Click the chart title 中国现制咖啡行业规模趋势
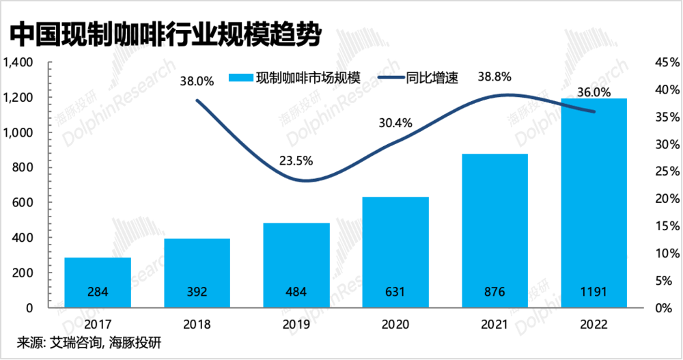tap(165, 35)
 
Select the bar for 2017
tap(98, 282)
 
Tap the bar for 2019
tap(296, 266)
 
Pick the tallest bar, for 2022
tap(594, 203)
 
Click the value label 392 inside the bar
tap(197, 292)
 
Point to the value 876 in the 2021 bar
tap(494, 292)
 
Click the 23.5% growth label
tap(296, 161)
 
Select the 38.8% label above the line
tap(494, 77)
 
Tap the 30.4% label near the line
tap(395, 123)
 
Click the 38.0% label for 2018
tap(197, 81)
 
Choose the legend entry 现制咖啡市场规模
tap(295, 78)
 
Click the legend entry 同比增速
tap(418, 78)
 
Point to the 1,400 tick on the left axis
tap(18, 62)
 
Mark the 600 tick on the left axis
tap(23, 203)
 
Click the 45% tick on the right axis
tap(667, 62)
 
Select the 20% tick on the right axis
tap(667, 199)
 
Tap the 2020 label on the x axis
tap(395, 324)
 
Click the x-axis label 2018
tap(197, 324)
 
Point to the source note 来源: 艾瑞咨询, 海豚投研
tap(89, 342)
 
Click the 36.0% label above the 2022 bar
tap(594, 92)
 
